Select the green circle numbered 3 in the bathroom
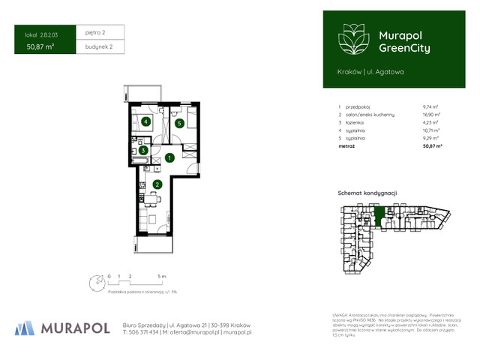pos(142,150)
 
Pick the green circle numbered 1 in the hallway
pos(170,157)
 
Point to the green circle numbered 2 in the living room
pos(157,184)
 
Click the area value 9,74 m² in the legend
pos(430,107)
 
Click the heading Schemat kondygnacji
pos(366,193)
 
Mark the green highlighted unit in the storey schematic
pos(380,217)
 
